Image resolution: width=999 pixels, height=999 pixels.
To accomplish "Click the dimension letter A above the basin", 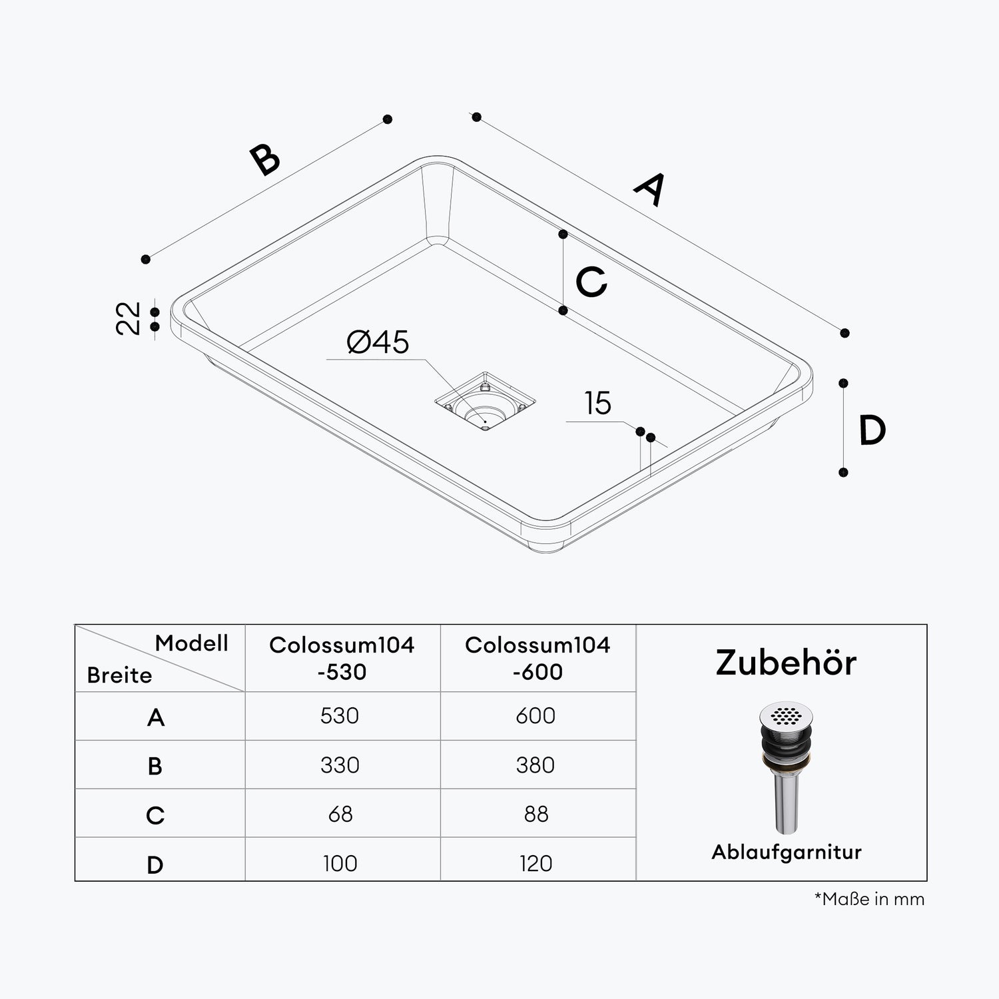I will click(649, 189).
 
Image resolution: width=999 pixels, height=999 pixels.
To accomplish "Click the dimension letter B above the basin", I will click(265, 160).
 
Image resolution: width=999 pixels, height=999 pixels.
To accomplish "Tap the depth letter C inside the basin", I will click(591, 282).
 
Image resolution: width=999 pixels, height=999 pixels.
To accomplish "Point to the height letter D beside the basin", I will click(872, 430).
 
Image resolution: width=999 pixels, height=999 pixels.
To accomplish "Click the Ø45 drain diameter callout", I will click(378, 342).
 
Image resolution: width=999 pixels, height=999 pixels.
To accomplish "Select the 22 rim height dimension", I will click(129, 318).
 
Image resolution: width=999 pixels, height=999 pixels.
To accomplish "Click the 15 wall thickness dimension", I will click(597, 404).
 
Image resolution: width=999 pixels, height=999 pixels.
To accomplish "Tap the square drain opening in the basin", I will click(485, 402).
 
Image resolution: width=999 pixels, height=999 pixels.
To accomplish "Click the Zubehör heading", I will click(786, 663).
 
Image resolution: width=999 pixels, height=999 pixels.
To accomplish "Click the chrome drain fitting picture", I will click(787, 766).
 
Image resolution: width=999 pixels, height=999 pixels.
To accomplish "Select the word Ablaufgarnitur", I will click(786, 852).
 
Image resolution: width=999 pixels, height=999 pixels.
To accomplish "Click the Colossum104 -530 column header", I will click(342, 658).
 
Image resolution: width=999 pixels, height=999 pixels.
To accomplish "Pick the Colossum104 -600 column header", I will click(537, 658).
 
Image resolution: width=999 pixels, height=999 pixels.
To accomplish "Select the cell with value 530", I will click(340, 716).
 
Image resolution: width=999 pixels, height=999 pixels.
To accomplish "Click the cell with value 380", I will click(535, 765).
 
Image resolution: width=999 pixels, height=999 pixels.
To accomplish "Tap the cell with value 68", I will click(340, 814).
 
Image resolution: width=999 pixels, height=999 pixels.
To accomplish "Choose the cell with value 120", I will click(535, 863).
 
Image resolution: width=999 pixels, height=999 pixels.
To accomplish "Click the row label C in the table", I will click(155, 815).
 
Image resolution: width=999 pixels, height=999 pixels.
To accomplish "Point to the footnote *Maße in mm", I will click(869, 899).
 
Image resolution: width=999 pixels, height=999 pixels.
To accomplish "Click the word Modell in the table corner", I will click(192, 643).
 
